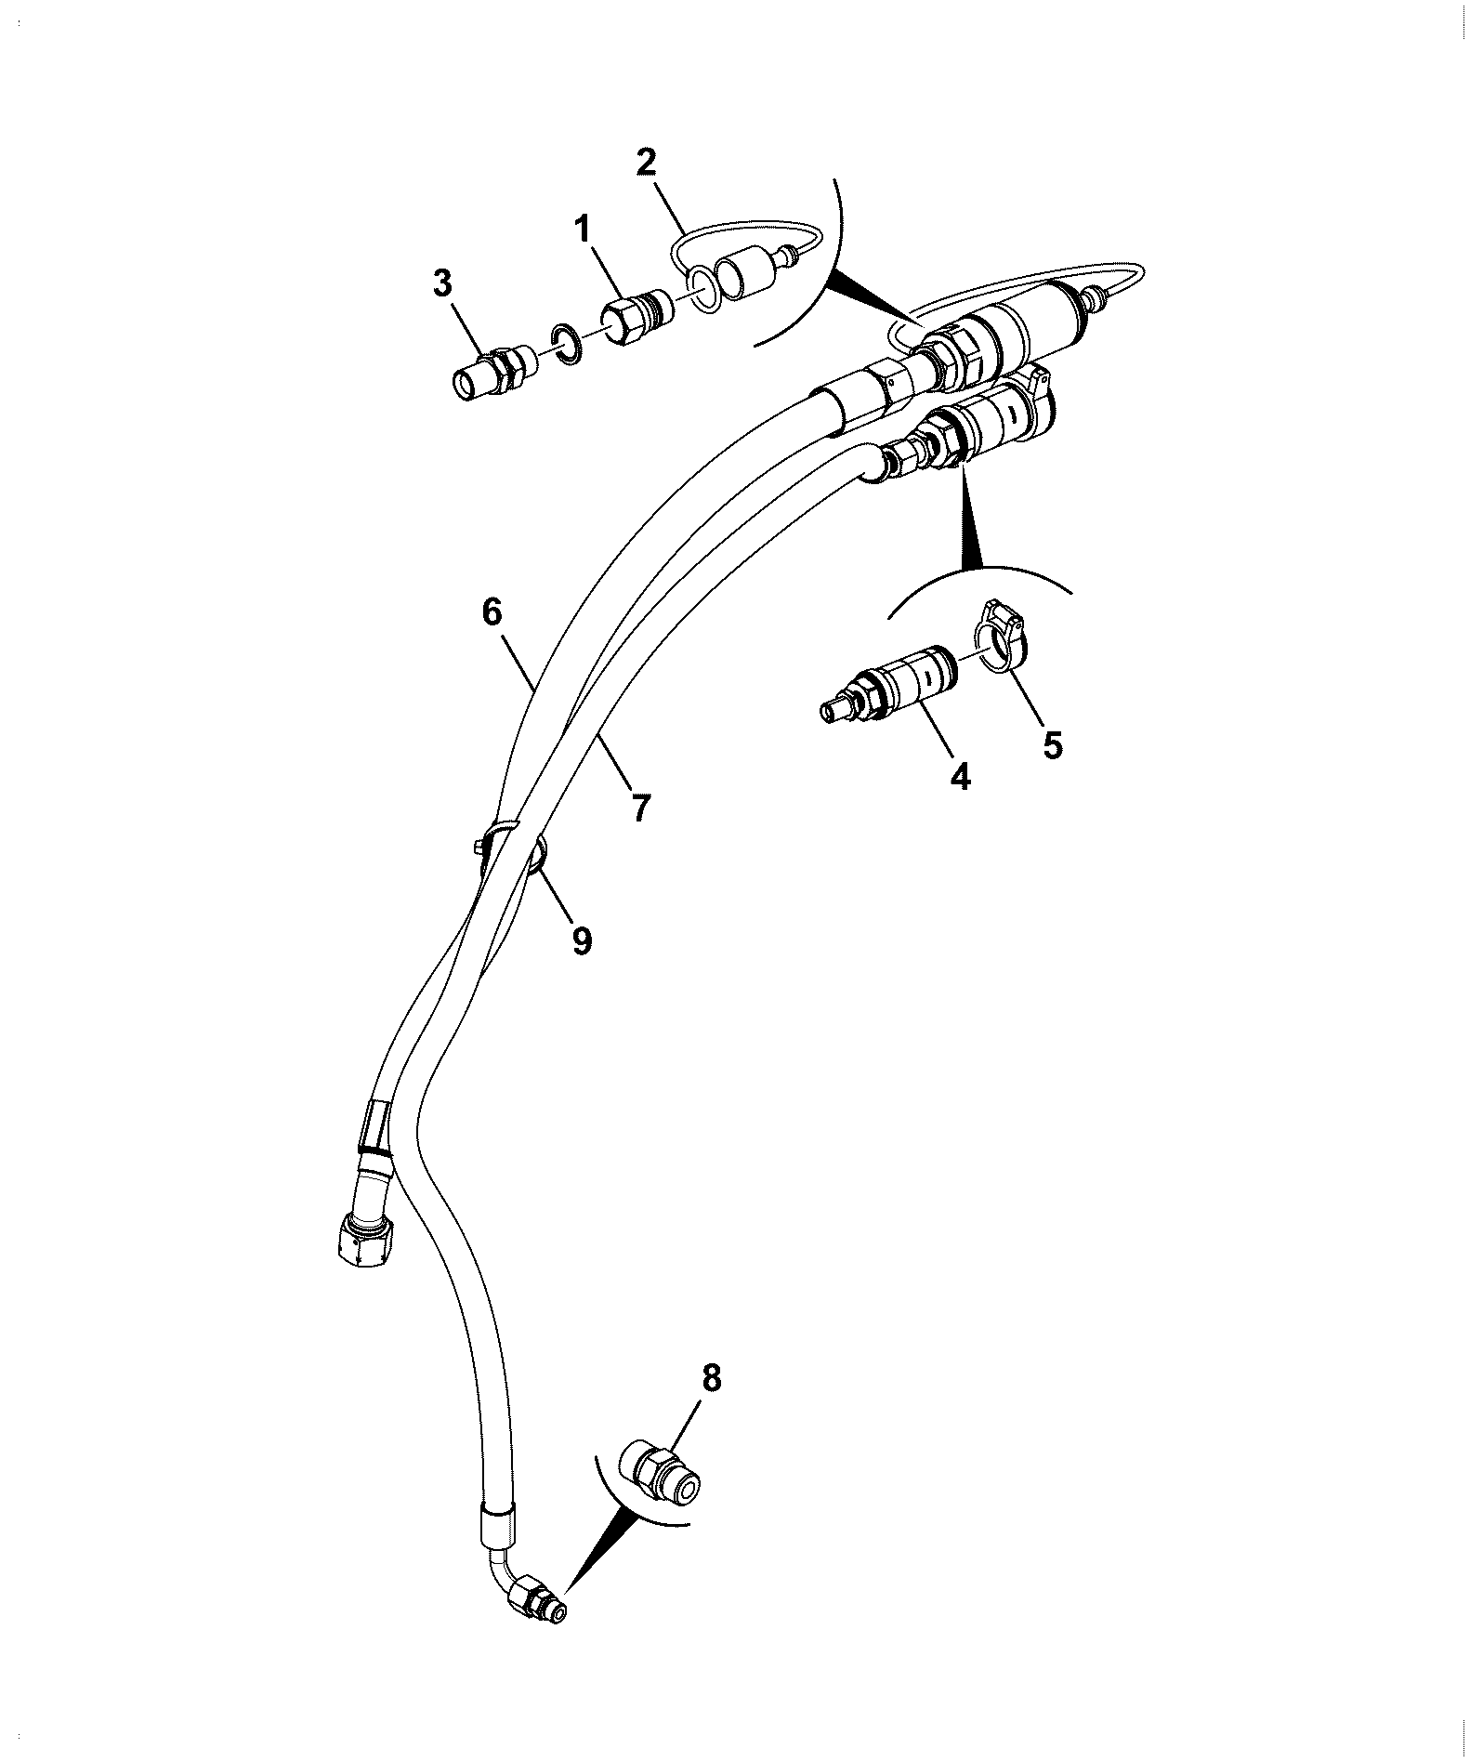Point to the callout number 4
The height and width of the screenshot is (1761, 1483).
961,775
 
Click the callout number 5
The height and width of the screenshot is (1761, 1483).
1052,744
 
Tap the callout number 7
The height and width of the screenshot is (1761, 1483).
641,807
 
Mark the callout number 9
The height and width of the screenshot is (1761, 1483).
582,940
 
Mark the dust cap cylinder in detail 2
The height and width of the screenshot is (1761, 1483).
751,276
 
